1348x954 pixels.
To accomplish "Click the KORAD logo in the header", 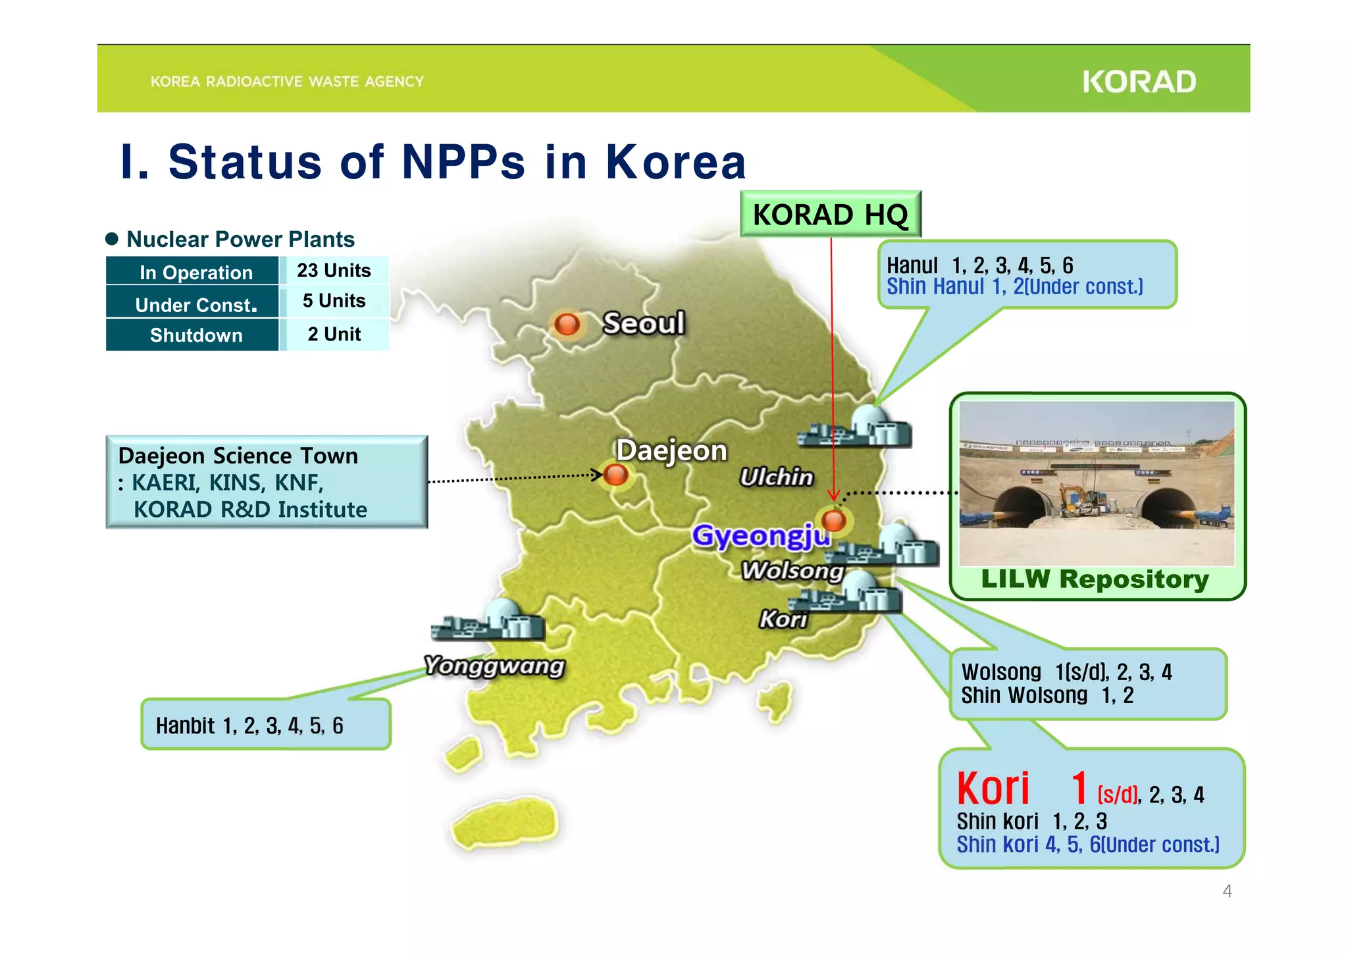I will click(x=1139, y=82).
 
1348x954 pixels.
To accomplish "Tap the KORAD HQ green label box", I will click(x=830, y=215).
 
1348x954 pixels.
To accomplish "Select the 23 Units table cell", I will click(x=334, y=271).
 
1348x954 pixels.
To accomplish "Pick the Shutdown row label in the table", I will click(x=195, y=335).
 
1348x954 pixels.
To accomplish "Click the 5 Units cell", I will click(x=334, y=301).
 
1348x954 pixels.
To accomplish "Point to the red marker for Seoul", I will click(x=567, y=324).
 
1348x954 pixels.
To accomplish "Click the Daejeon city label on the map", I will click(x=671, y=451).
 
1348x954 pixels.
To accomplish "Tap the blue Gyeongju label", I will click(x=760, y=535).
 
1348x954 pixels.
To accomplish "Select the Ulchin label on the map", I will click(x=777, y=477).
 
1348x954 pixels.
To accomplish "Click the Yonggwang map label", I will click(x=494, y=666).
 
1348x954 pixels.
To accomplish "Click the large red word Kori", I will click(x=993, y=789).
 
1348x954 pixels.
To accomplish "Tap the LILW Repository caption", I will click(x=1095, y=579).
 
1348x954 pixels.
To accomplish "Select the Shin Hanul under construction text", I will click(x=1014, y=287).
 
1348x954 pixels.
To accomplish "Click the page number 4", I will click(x=1227, y=891).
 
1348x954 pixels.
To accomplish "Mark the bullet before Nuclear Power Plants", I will click(x=112, y=239).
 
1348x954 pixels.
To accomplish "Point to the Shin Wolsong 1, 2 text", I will click(x=1047, y=695).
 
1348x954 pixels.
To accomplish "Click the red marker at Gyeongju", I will click(x=834, y=520).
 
